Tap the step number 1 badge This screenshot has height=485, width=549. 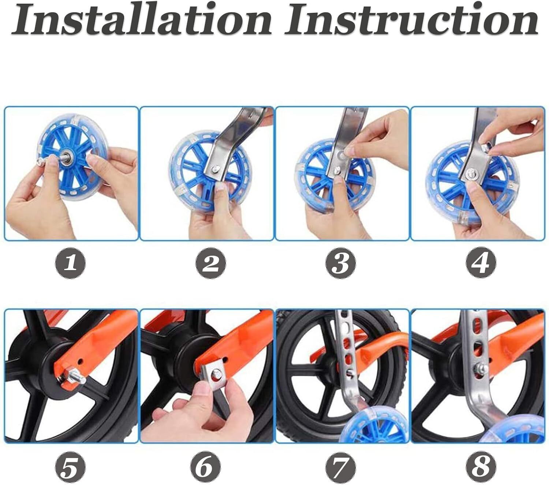pyautogui.click(x=70, y=263)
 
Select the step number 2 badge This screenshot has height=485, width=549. pyautogui.click(x=210, y=263)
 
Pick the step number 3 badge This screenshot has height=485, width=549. pyautogui.click(x=340, y=263)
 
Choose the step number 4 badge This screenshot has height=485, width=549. pyautogui.click(x=481, y=263)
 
